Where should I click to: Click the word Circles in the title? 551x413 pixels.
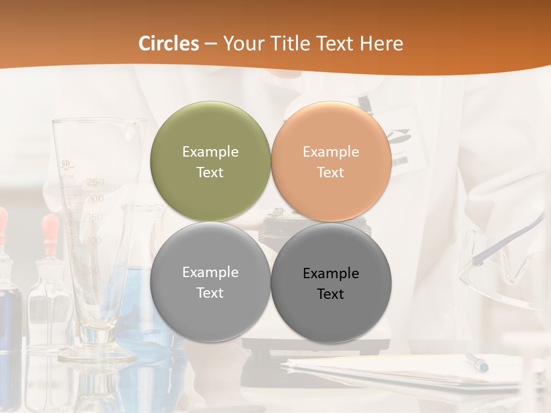(x=169, y=44)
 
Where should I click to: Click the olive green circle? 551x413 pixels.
(x=210, y=161)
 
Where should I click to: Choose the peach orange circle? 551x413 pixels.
(x=331, y=161)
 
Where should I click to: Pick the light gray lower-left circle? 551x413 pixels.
(x=210, y=282)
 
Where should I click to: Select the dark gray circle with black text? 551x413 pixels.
(x=331, y=283)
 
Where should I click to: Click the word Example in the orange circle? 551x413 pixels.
(x=331, y=151)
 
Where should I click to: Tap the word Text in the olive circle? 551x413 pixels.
(x=210, y=172)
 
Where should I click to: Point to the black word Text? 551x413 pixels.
(x=331, y=294)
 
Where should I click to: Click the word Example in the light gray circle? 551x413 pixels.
(x=210, y=272)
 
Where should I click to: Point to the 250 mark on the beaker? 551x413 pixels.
(x=95, y=182)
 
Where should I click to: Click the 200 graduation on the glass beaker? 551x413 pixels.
(x=95, y=198)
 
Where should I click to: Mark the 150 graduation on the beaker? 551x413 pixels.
(x=95, y=217)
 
